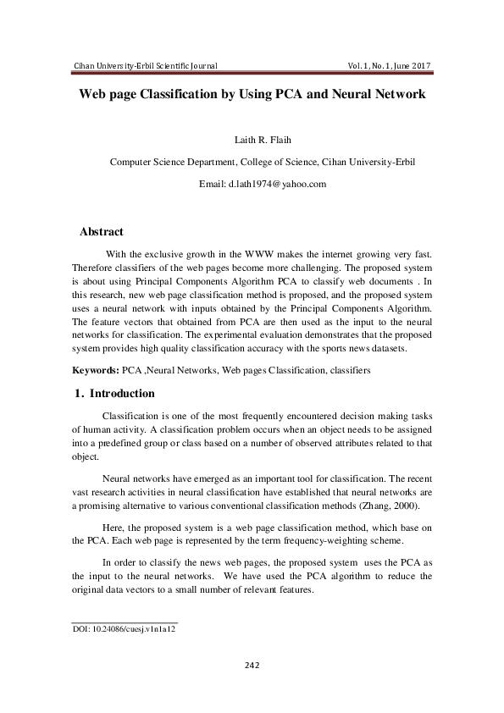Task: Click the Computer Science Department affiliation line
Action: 252,162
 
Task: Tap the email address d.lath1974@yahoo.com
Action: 252,183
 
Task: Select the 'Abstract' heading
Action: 101,231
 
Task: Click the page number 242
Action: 252,665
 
